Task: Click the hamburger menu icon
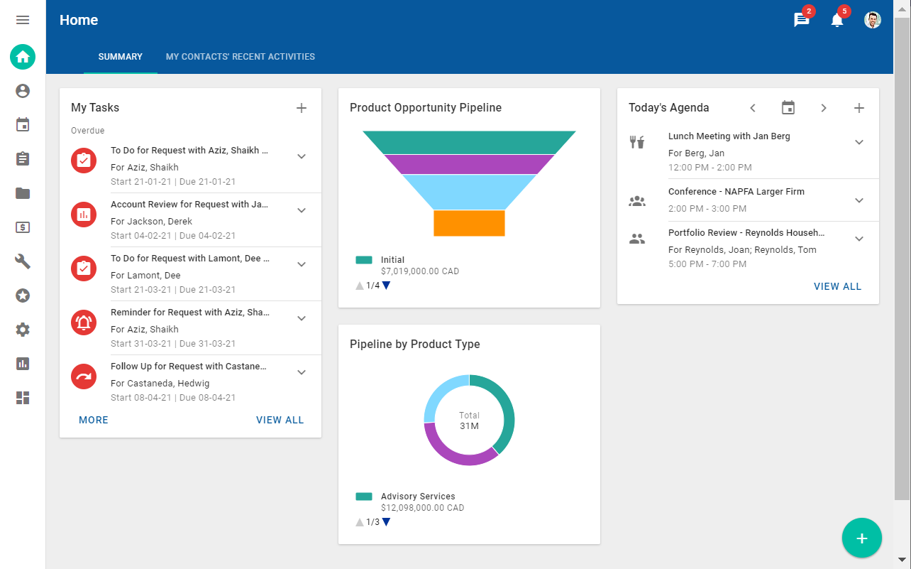pyautogui.click(x=23, y=20)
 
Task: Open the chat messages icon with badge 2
pyautogui.click(x=802, y=21)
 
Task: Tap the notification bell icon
pyautogui.click(x=837, y=21)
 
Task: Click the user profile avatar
pyautogui.click(x=873, y=20)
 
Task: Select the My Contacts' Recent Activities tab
pyautogui.click(x=240, y=57)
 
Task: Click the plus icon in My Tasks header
pyautogui.click(x=302, y=108)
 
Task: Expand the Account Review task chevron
pyautogui.click(x=302, y=210)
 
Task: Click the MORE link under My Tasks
pyautogui.click(x=94, y=420)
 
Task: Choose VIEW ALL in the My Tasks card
pyautogui.click(x=280, y=420)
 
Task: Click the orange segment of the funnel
pyautogui.click(x=469, y=223)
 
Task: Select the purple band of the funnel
pyautogui.click(x=469, y=164)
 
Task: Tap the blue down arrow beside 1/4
pyautogui.click(x=386, y=286)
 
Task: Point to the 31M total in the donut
pyautogui.click(x=469, y=426)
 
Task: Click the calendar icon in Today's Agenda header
pyautogui.click(x=788, y=108)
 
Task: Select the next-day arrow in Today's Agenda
pyautogui.click(x=824, y=108)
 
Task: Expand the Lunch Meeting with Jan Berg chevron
pyautogui.click(x=859, y=142)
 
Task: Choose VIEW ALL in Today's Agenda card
pyautogui.click(x=837, y=286)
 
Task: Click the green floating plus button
pyautogui.click(x=862, y=538)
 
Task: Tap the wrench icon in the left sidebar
pyautogui.click(x=23, y=261)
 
